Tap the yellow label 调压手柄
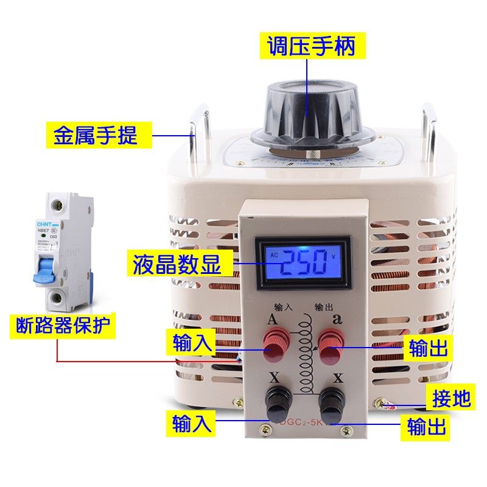click(x=308, y=46)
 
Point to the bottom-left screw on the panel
click(x=263, y=432)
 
